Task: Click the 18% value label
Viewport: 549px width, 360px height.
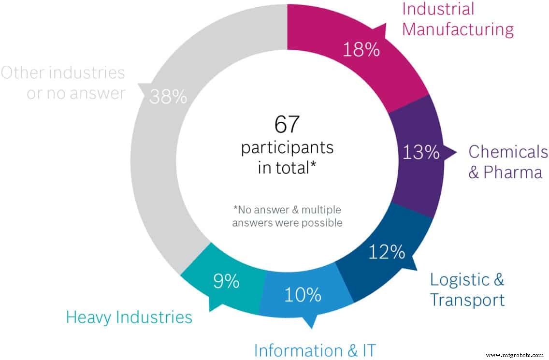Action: [x=361, y=49]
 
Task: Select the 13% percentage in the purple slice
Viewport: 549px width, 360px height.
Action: [x=420, y=153]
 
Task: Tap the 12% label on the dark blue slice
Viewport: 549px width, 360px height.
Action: [x=387, y=252]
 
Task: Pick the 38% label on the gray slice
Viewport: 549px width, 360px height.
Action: [x=168, y=97]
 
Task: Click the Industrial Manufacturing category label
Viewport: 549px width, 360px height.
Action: [x=458, y=19]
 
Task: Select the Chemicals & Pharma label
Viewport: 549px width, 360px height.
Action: [x=508, y=162]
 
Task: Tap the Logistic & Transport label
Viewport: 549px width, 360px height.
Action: [x=467, y=289]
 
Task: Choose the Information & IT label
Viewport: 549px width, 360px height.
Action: [x=315, y=350]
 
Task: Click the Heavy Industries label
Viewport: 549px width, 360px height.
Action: [x=129, y=317]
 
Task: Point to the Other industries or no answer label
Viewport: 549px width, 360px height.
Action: [x=63, y=83]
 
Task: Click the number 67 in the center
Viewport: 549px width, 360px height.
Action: [x=288, y=125]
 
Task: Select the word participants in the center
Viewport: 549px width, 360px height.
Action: [x=288, y=147]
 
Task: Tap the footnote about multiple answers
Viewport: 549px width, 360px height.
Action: [x=287, y=216]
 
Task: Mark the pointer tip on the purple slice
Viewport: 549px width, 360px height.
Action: [x=455, y=153]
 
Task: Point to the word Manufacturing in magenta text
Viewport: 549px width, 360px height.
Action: [x=458, y=29]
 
